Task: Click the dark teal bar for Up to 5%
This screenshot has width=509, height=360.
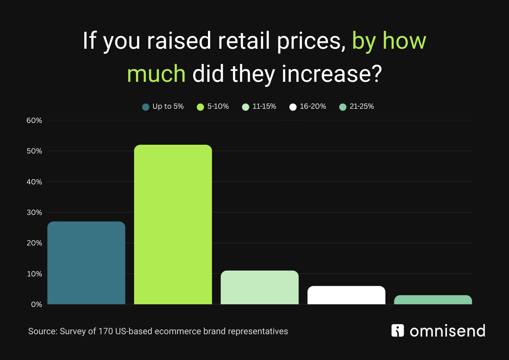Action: click(86, 263)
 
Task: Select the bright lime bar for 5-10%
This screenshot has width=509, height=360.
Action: click(173, 224)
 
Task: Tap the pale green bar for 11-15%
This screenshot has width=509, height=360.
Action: click(260, 287)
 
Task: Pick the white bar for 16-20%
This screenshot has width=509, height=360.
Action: click(346, 295)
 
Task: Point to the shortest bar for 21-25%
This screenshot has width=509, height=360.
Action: click(433, 300)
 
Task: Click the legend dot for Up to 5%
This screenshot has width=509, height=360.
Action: click(146, 107)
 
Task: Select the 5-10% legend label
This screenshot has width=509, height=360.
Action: click(218, 107)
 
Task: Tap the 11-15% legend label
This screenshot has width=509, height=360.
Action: click(264, 107)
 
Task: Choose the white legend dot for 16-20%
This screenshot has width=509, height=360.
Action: click(293, 107)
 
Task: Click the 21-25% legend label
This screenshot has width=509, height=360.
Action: click(361, 107)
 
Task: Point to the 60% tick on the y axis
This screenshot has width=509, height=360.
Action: click(34, 120)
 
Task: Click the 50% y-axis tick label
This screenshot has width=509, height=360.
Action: click(34, 151)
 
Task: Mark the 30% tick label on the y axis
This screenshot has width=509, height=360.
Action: click(34, 212)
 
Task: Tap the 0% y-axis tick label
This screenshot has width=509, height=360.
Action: click(36, 304)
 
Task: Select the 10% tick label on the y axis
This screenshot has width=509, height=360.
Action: click(34, 274)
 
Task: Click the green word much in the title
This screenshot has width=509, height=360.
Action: click(156, 74)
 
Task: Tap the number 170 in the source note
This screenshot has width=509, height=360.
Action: click(105, 331)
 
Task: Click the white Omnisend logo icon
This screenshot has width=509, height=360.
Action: click(397, 331)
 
